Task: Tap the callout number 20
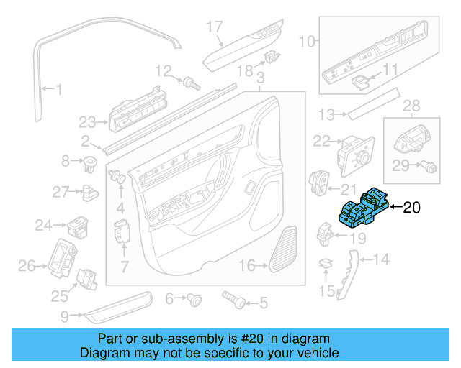point(410,208)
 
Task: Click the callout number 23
point(87,121)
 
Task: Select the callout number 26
point(26,267)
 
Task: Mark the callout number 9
point(65,315)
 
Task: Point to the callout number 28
point(411,106)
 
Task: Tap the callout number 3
point(260,77)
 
